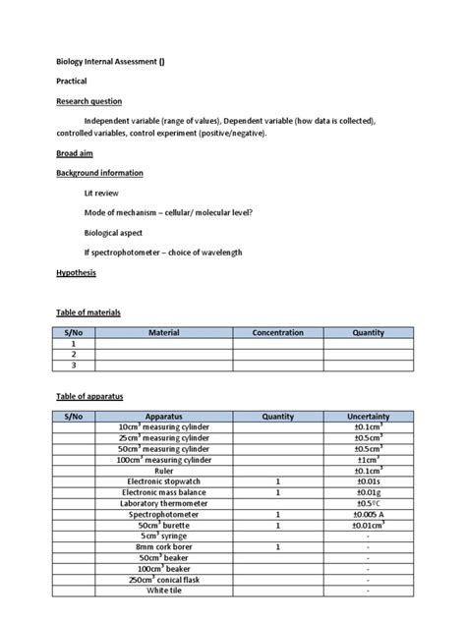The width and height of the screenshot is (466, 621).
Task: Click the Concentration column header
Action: pyautogui.click(x=277, y=333)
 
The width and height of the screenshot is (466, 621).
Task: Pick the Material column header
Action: pyautogui.click(x=163, y=333)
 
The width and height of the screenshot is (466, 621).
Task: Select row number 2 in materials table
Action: pyautogui.click(x=74, y=355)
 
